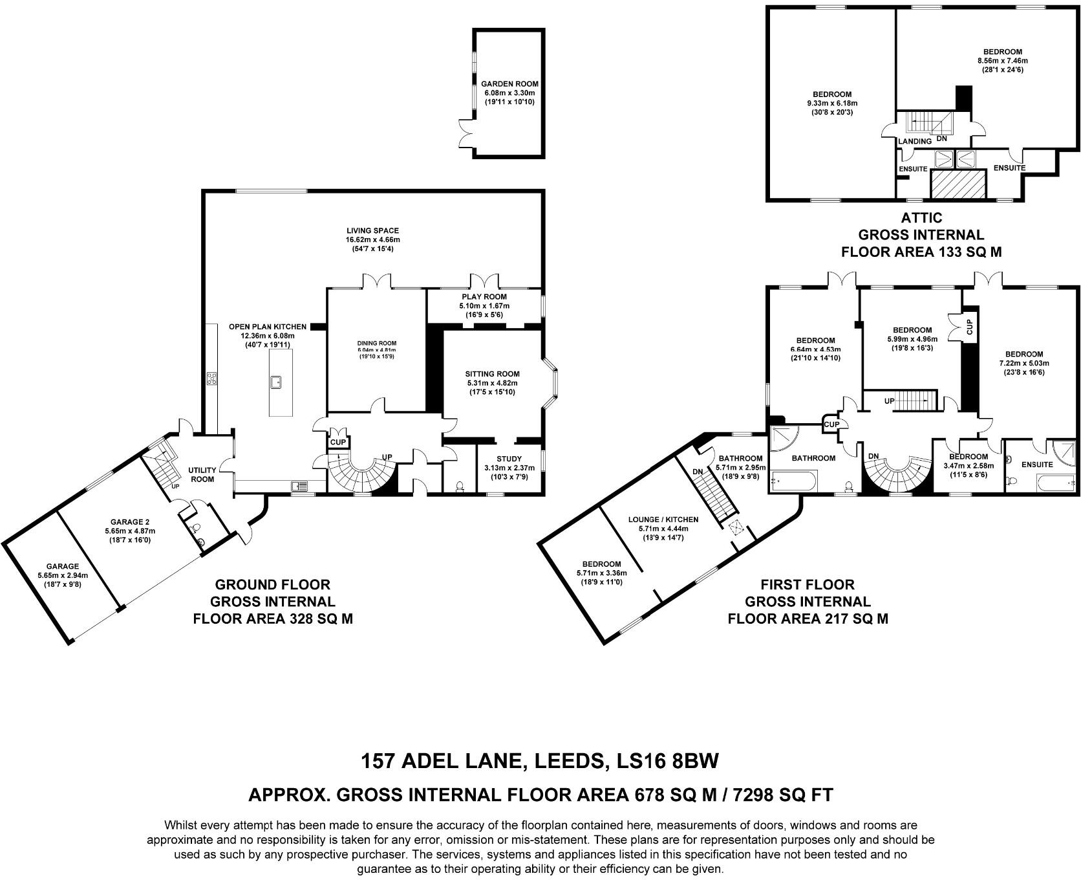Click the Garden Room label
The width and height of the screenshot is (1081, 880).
coord(509,84)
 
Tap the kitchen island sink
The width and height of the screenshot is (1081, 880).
coord(276,381)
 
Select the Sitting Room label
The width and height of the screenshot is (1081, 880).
coord(492,374)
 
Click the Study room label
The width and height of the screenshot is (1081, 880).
coord(509,459)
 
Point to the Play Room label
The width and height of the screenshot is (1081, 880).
coord(484,297)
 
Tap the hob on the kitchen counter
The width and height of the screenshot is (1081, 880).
coord(211,379)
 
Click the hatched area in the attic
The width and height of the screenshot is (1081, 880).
coord(957,184)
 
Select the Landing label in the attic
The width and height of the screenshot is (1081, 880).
coord(915,141)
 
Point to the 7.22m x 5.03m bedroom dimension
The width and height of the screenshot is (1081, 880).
coord(1023,363)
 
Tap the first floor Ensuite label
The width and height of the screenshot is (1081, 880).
coord(1037,465)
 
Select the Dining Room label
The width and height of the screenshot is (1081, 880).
coord(377,344)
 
